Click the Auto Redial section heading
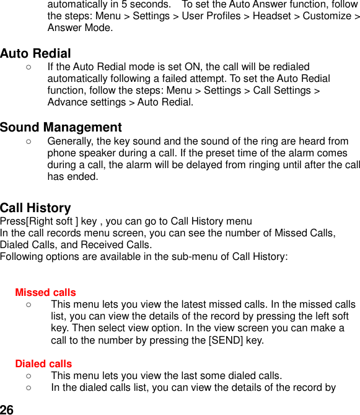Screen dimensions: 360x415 [35, 53]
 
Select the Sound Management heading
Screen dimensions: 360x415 [61, 128]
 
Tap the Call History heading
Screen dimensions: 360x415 [35, 208]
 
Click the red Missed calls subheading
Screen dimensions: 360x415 [45, 292]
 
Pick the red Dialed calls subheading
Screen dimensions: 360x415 [43, 364]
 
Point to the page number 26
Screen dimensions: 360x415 [7, 409]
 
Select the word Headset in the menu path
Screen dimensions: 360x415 [273, 16]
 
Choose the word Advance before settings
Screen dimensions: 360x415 [66, 102]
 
